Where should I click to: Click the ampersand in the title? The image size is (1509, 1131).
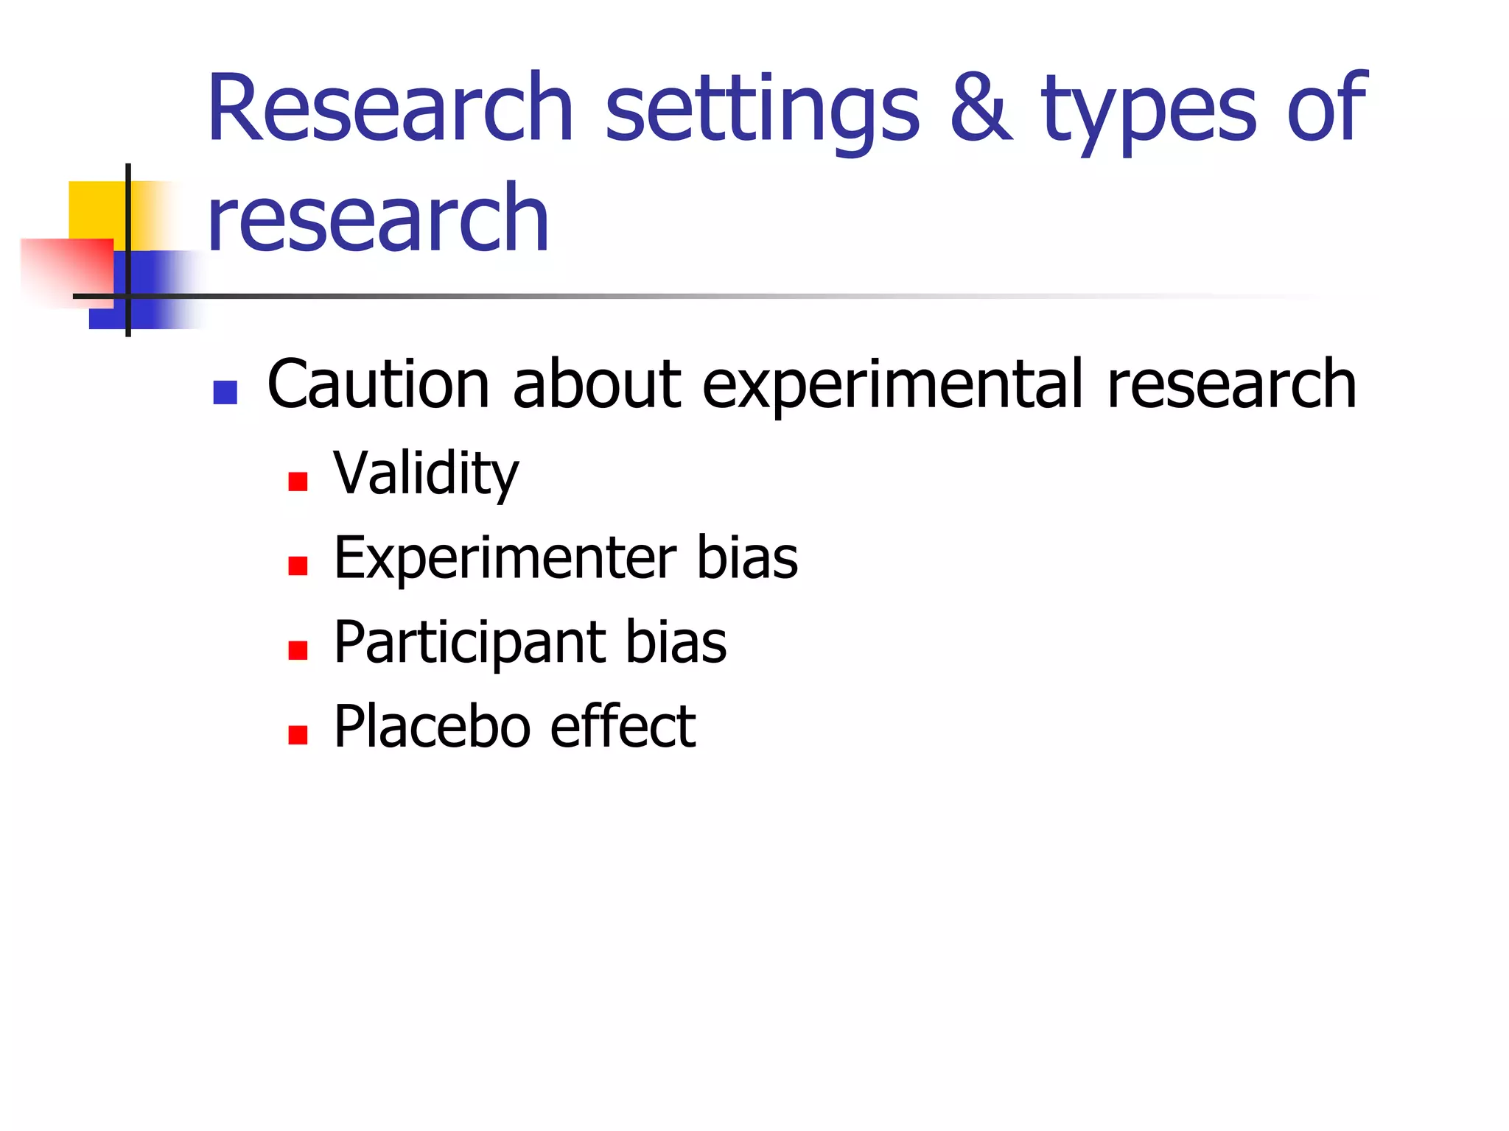(x=981, y=108)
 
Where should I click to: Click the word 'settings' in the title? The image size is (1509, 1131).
(x=762, y=110)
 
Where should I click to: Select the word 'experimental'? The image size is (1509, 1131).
(x=892, y=386)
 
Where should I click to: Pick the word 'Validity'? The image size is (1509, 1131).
(x=426, y=474)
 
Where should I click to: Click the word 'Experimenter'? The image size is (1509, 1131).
(x=505, y=558)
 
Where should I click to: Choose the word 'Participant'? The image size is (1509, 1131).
(x=469, y=643)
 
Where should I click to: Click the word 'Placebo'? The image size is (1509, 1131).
(x=432, y=727)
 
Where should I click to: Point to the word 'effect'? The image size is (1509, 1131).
(x=623, y=727)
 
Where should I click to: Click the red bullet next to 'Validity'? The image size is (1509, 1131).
(x=298, y=482)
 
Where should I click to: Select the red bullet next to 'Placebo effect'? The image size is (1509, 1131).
(x=298, y=735)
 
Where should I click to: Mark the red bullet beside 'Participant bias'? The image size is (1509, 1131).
(x=298, y=650)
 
